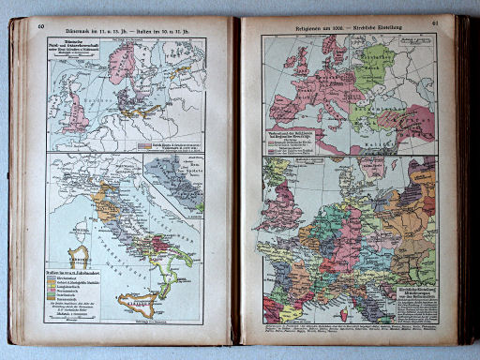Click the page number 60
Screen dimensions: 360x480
point(42,26)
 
